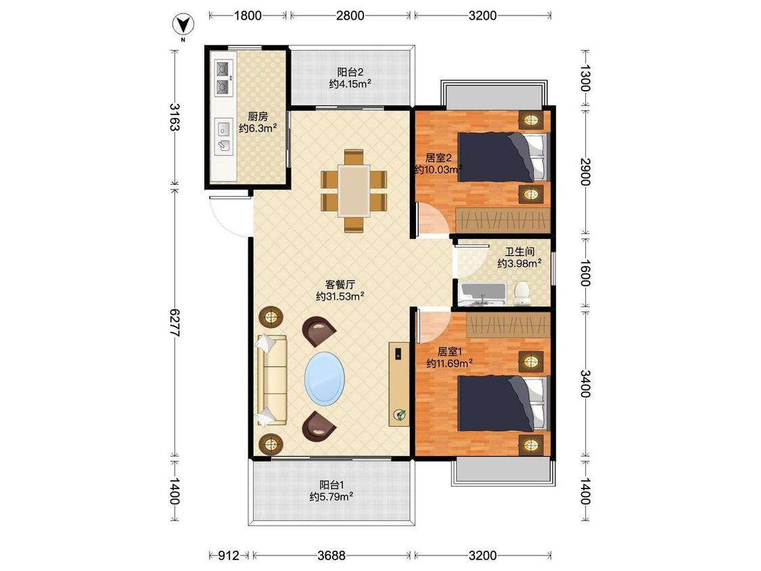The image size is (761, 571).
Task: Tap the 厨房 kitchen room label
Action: click(258, 117)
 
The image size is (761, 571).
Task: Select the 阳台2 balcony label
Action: click(350, 72)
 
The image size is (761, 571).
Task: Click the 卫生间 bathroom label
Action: click(520, 252)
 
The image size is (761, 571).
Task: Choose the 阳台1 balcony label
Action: click(331, 485)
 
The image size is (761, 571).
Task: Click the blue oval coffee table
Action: click(325, 379)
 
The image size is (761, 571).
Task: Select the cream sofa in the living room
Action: click(271, 380)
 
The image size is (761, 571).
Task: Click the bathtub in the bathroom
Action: click(482, 294)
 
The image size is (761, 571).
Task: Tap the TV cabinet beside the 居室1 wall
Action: click(399, 384)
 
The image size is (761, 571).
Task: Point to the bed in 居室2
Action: click(503, 158)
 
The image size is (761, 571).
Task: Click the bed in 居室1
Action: click(503, 403)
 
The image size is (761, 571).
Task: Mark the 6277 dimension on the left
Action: click(175, 323)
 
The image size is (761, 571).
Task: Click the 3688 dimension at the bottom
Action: click(331, 555)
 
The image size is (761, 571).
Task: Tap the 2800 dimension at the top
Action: click(350, 16)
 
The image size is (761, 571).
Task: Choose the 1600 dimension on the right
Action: click(585, 273)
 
